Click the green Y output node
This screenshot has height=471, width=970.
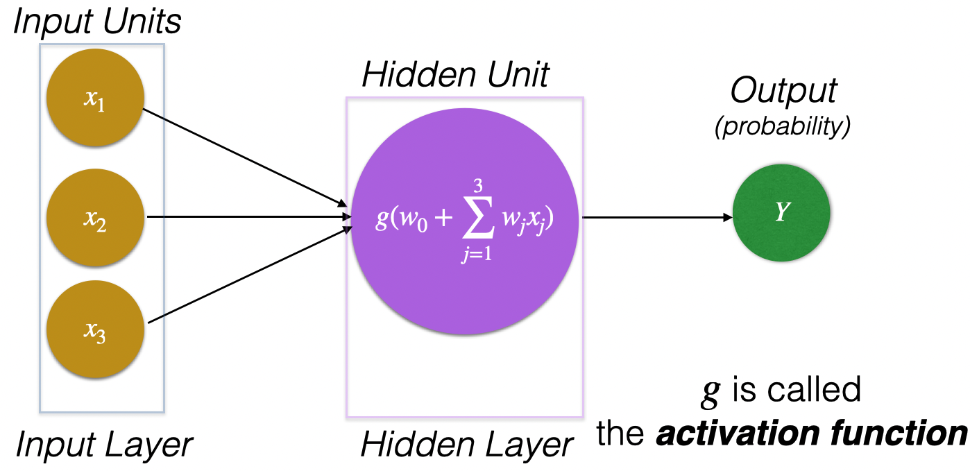(x=781, y=213)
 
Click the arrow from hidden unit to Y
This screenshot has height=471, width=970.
(x=656, y=217)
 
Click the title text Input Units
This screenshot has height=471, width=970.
(x=97, y=22)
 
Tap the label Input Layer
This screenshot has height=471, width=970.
(x=103, y=445)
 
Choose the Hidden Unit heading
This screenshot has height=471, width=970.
(x=455, y=75)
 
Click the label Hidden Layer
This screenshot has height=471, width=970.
(x=466, y=445)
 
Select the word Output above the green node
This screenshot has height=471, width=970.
(x=784, y=92)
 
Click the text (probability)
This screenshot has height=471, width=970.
(x=783, y=128)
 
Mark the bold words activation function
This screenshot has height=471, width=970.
(x=812, y=434)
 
